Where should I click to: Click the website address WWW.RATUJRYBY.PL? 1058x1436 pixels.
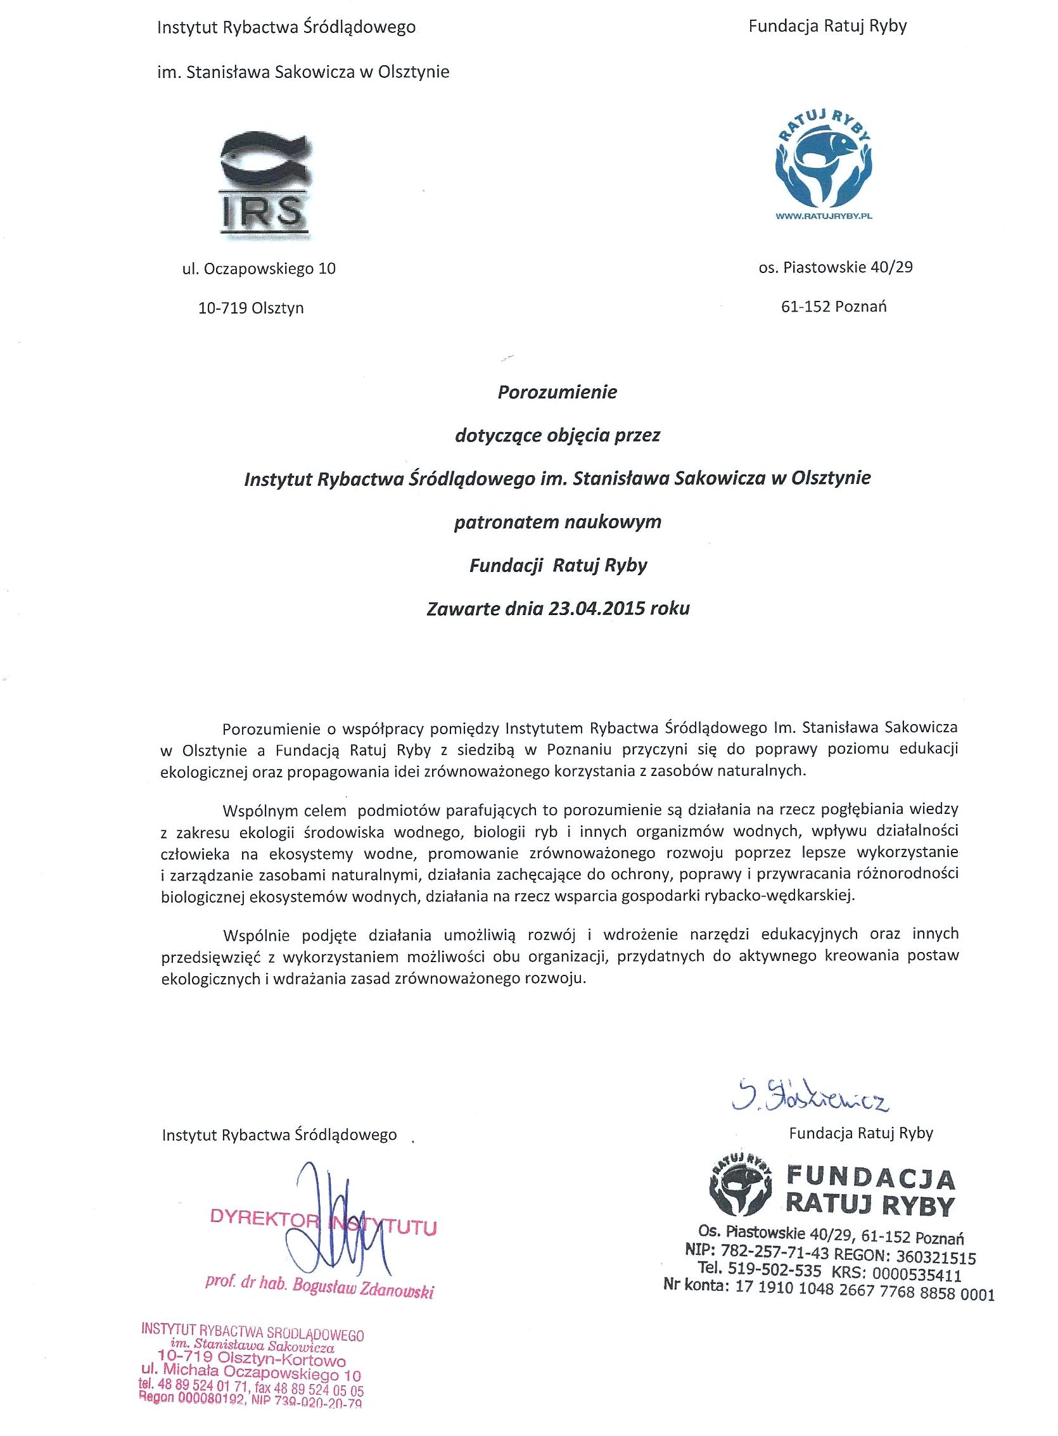tap(824, 217)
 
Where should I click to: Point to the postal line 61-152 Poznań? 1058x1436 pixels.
tap(834, 307)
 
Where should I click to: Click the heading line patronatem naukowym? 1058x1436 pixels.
tap(557, 523)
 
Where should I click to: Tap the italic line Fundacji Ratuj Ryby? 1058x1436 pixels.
tap(558, 565)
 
